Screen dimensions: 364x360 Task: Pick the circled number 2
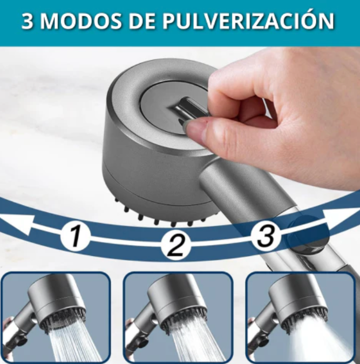click(175, 246)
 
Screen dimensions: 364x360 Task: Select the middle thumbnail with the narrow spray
click(178, 317)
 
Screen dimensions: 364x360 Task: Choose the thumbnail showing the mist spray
click(300, 317)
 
